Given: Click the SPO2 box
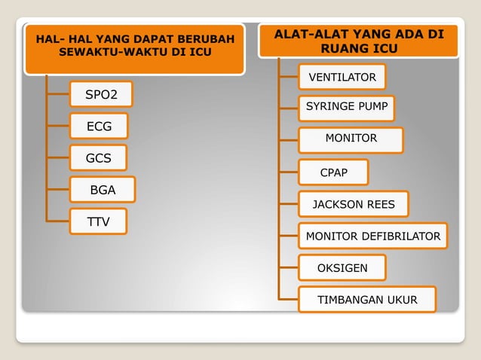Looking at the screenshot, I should coord(100,95).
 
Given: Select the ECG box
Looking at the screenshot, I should coord(99,127).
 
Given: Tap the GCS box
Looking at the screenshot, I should coord(99,158).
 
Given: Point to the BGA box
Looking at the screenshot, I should coord(103,190).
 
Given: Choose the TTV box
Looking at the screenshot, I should coord(98,221).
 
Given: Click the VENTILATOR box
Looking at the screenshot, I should coord(342,78).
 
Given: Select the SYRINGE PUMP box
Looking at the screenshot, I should coord(347,108).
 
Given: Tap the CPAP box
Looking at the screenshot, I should coord(334,172).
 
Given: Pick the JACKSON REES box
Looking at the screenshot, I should coord(353,204).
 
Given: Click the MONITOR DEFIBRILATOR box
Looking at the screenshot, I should coord(372,236).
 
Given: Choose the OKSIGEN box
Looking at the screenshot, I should coord(342,268).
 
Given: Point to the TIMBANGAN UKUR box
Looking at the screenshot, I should coord(366,300).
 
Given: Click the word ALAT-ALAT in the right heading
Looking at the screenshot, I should coord(306,35).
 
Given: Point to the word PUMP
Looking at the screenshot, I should coord(373,108).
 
